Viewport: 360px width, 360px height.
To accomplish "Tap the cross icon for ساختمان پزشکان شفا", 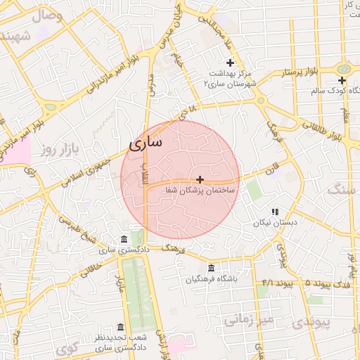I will click(200, 180).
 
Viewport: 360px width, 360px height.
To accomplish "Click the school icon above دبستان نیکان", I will click(276, 211).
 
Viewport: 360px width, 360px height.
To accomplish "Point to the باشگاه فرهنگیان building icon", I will click(212, 268).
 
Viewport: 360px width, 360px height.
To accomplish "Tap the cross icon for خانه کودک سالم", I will click(342, 81).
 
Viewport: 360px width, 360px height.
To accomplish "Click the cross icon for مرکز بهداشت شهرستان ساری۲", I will click(229, 63).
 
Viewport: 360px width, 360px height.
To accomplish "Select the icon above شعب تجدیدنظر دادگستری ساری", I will click(120, 328).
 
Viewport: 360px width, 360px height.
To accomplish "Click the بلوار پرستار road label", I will click(301, 72).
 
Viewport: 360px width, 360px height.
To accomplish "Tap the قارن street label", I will click(272, 169).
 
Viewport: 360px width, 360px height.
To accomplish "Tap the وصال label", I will click(46, 15).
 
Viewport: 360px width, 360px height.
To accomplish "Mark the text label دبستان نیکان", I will click(276, 222).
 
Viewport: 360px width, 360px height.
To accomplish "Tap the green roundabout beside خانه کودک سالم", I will click(344, 69).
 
